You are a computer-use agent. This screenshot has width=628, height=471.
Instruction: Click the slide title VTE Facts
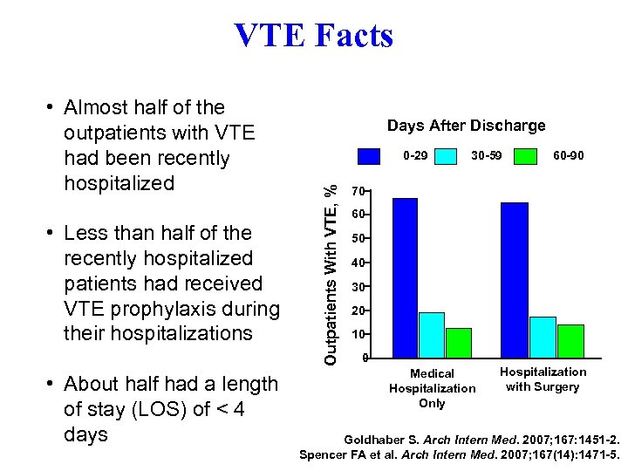[314, 36]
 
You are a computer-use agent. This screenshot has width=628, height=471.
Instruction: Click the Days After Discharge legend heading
[466, 126]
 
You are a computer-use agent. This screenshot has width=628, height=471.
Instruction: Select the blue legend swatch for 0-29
[370, 156]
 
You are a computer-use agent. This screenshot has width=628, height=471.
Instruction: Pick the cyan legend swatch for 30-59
[446, 156]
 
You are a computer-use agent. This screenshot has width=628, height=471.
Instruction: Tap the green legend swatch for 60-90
[525, 156]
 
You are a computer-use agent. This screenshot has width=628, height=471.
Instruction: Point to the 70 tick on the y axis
[357, 191]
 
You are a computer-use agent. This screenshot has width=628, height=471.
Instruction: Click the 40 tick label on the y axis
[357, 263]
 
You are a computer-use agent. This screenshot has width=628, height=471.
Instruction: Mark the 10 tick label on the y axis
[357, 334]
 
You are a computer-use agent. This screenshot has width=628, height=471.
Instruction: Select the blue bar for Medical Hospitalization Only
[405, 277]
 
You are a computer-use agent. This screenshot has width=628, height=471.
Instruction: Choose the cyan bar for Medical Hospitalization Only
[432, 335]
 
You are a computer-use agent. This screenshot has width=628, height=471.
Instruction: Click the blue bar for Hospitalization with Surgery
[515, 280]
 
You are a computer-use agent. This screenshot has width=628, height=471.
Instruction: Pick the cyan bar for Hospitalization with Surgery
[543, 337]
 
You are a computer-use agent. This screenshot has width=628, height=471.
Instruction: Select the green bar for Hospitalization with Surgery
[570, 341]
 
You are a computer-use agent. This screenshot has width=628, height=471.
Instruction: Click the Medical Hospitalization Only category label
[432, 388]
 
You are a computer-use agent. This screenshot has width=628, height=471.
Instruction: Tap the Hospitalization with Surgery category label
[543, 379]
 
